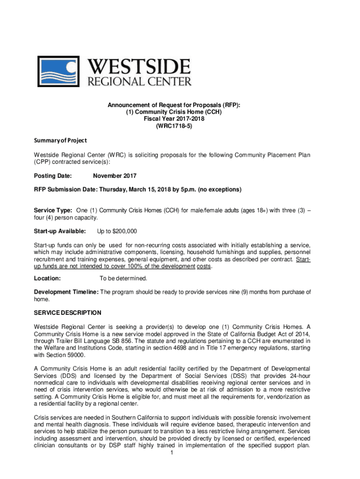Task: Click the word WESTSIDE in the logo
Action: tap(139, 66)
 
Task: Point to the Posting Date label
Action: tap(53, 176)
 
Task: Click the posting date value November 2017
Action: tap(115, 176)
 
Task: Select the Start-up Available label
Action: tap(59, 231)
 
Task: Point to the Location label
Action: tap(47, 278)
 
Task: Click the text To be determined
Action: tap(123, 278)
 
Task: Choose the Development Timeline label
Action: tap(66, 292)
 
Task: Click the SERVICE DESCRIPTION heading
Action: tap(67, 312)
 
